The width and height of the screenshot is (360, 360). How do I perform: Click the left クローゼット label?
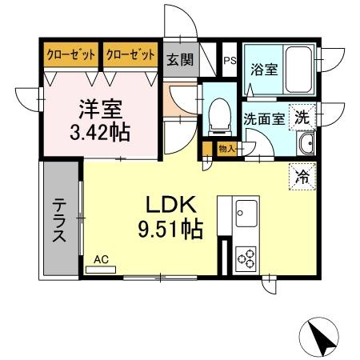coord(70,54)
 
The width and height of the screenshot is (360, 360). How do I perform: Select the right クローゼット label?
coord(130,54)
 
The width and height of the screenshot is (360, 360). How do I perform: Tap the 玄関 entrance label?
coord(179,59)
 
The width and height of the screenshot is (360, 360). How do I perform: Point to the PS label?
coord(229,60)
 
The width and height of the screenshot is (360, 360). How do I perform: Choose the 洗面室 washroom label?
coord(263,118)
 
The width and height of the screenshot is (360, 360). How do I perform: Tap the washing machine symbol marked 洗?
coord(302,116)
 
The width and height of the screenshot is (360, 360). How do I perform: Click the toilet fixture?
coord(218,116)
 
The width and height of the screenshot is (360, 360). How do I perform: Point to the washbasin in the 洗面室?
coord(305,145)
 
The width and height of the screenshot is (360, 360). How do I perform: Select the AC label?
coord(101,259)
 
